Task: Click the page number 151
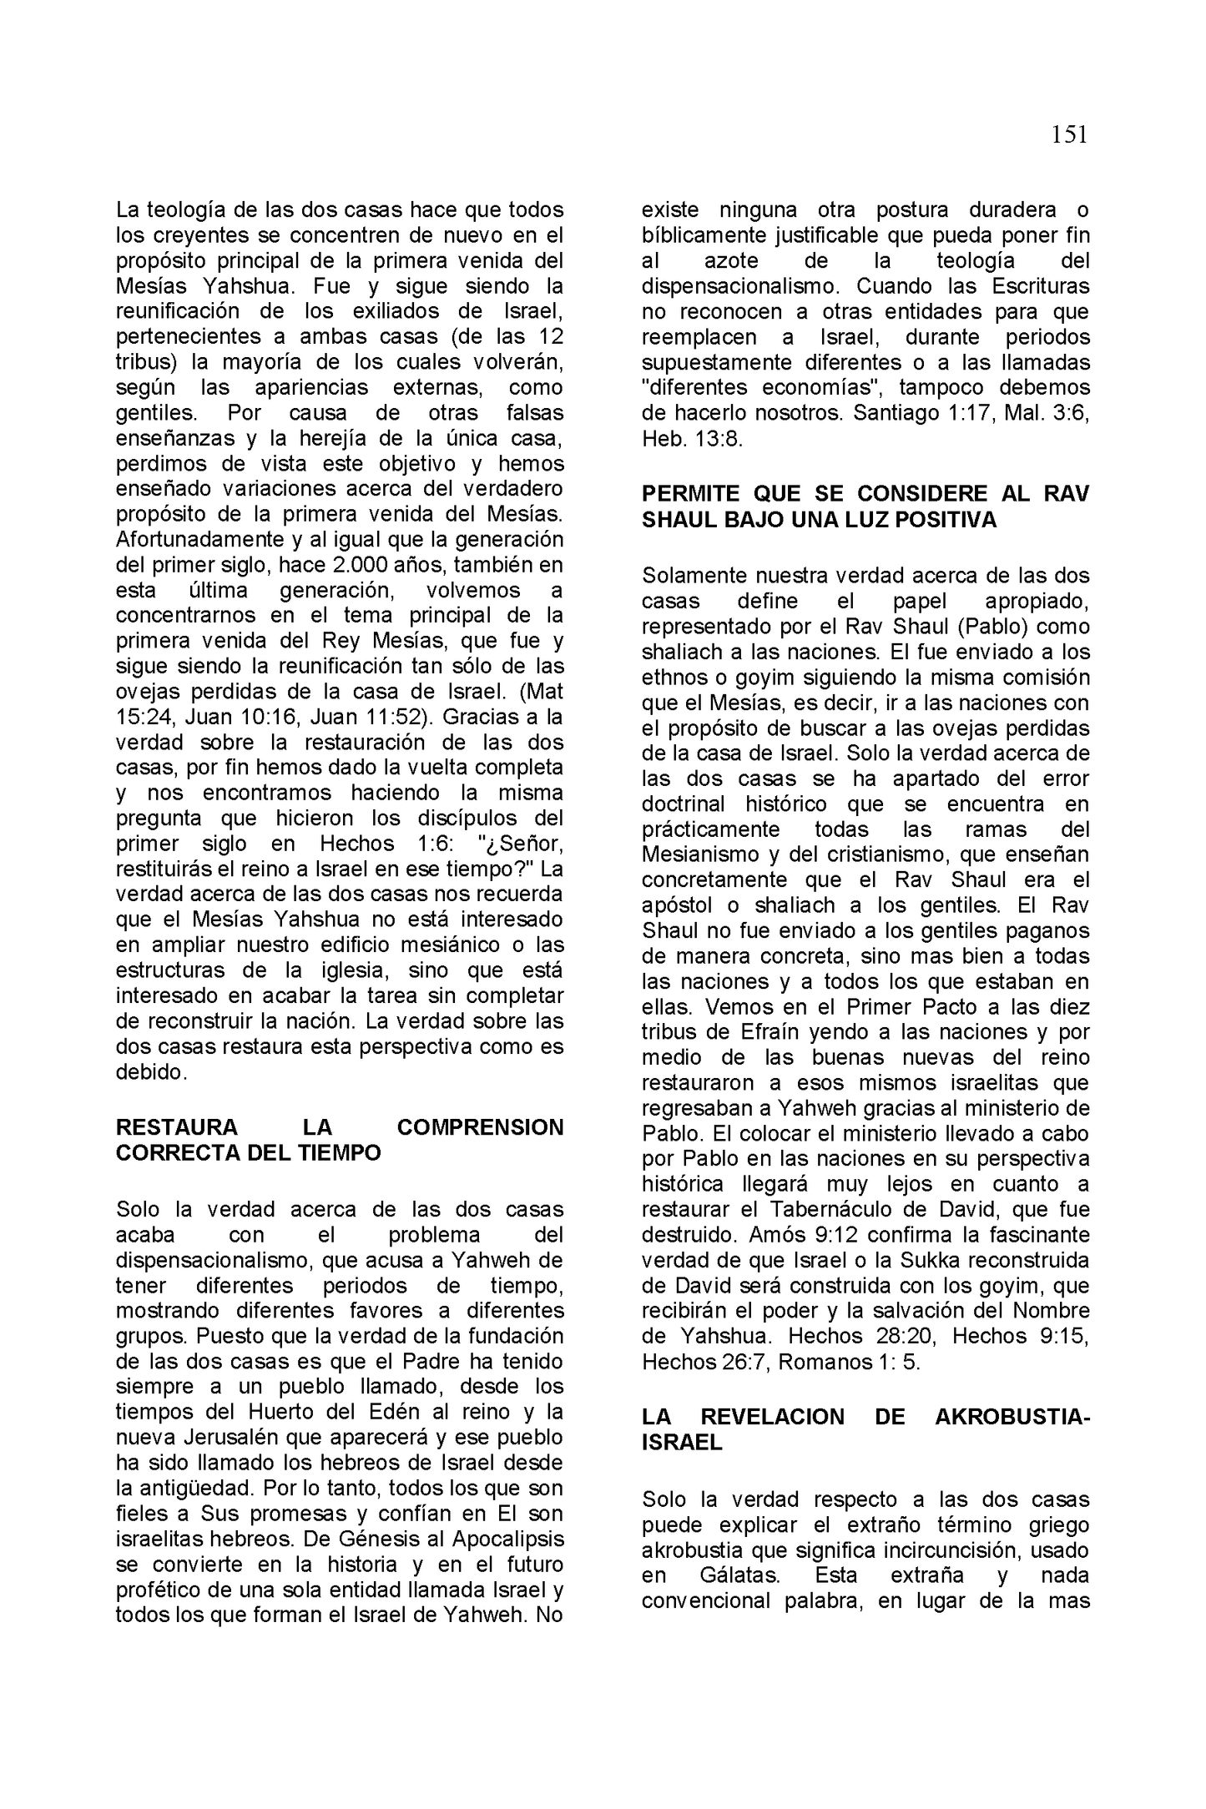pos(1069,135)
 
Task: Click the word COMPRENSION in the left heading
pos(480,1127)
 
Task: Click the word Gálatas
pos(735,1575)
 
